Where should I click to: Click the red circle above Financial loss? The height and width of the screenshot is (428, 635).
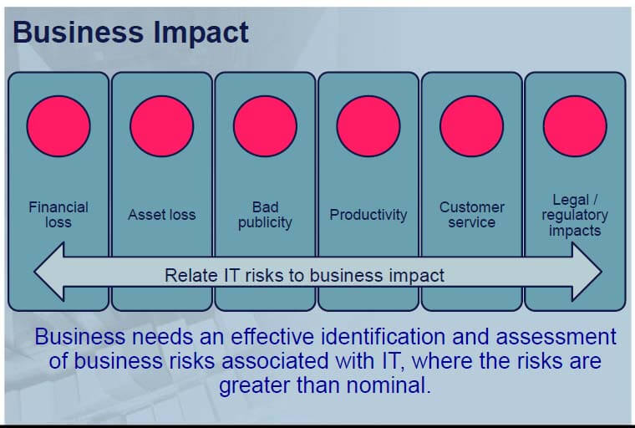(58, 126)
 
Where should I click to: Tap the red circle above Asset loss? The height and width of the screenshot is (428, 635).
(161, 126)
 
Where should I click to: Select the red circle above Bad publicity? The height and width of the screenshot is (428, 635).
(265, 126)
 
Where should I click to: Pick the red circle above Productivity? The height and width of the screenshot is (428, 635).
(368, 126)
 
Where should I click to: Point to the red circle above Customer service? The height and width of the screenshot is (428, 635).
(471, 126)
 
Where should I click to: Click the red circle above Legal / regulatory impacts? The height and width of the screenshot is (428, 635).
(575, 126)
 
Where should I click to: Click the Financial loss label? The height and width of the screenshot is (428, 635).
(58, 215)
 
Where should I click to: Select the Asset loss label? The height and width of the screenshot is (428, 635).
(161, 214)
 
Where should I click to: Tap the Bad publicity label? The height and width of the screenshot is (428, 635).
(265, 215)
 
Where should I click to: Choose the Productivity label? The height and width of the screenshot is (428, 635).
(368, 215)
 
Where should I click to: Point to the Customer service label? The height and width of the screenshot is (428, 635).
(472, 215)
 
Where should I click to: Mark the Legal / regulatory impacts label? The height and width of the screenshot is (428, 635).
(575, 215)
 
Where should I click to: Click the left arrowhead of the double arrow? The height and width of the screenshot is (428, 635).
(49, 272)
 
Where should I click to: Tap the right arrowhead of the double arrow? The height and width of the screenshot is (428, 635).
(587, 272)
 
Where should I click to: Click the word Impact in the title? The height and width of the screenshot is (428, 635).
(201, 33)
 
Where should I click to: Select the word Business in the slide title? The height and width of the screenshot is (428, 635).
(79, 32)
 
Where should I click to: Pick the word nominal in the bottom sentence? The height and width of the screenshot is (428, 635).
(389, 385)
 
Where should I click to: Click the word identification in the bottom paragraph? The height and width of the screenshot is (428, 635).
(383, 336)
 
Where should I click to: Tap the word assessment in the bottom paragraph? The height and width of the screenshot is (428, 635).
(556, 337)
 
